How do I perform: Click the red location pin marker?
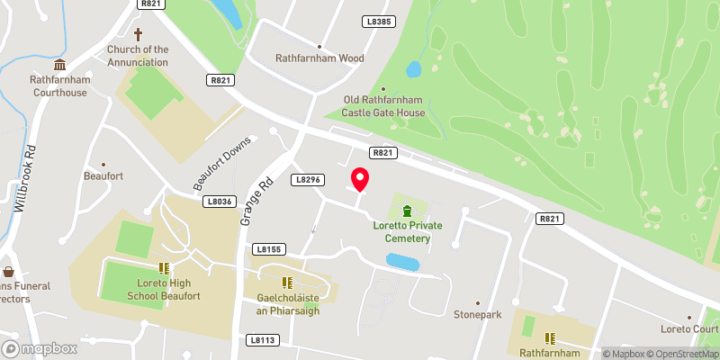click(360, 179)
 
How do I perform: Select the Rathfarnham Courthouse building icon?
click(59, 65)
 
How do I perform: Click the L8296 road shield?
click(308, 180)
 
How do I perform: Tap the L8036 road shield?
click(219, 202)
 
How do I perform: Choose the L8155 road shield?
click(268, 248)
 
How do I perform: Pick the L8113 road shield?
click(263, 339)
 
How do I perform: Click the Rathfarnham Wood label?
click(319, 58)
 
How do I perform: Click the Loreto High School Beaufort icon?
click(164, 267)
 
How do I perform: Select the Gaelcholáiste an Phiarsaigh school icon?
click(287, 283)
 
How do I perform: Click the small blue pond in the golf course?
click(414, 69)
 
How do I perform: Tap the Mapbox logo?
click(38, 348)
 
